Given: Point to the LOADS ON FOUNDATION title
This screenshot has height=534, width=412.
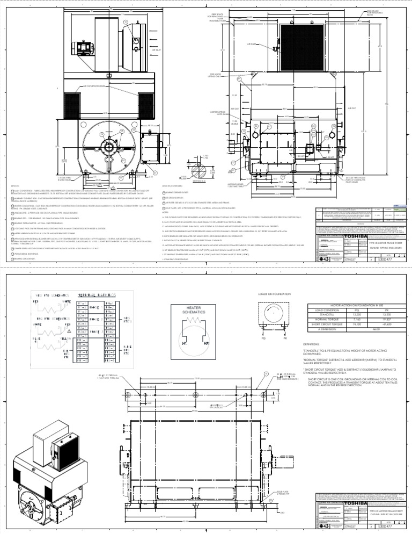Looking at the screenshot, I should (x=275, y=294).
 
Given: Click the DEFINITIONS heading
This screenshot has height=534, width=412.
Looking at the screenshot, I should (x=312, y=342).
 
